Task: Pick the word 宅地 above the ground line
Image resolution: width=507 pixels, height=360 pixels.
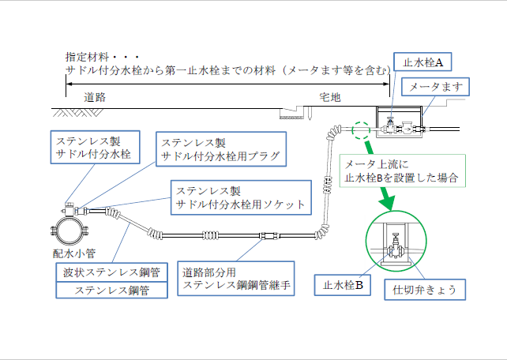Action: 329,97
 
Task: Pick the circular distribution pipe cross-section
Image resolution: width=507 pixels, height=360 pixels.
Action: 71,229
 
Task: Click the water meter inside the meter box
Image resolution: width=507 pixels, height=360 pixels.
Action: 406,125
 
